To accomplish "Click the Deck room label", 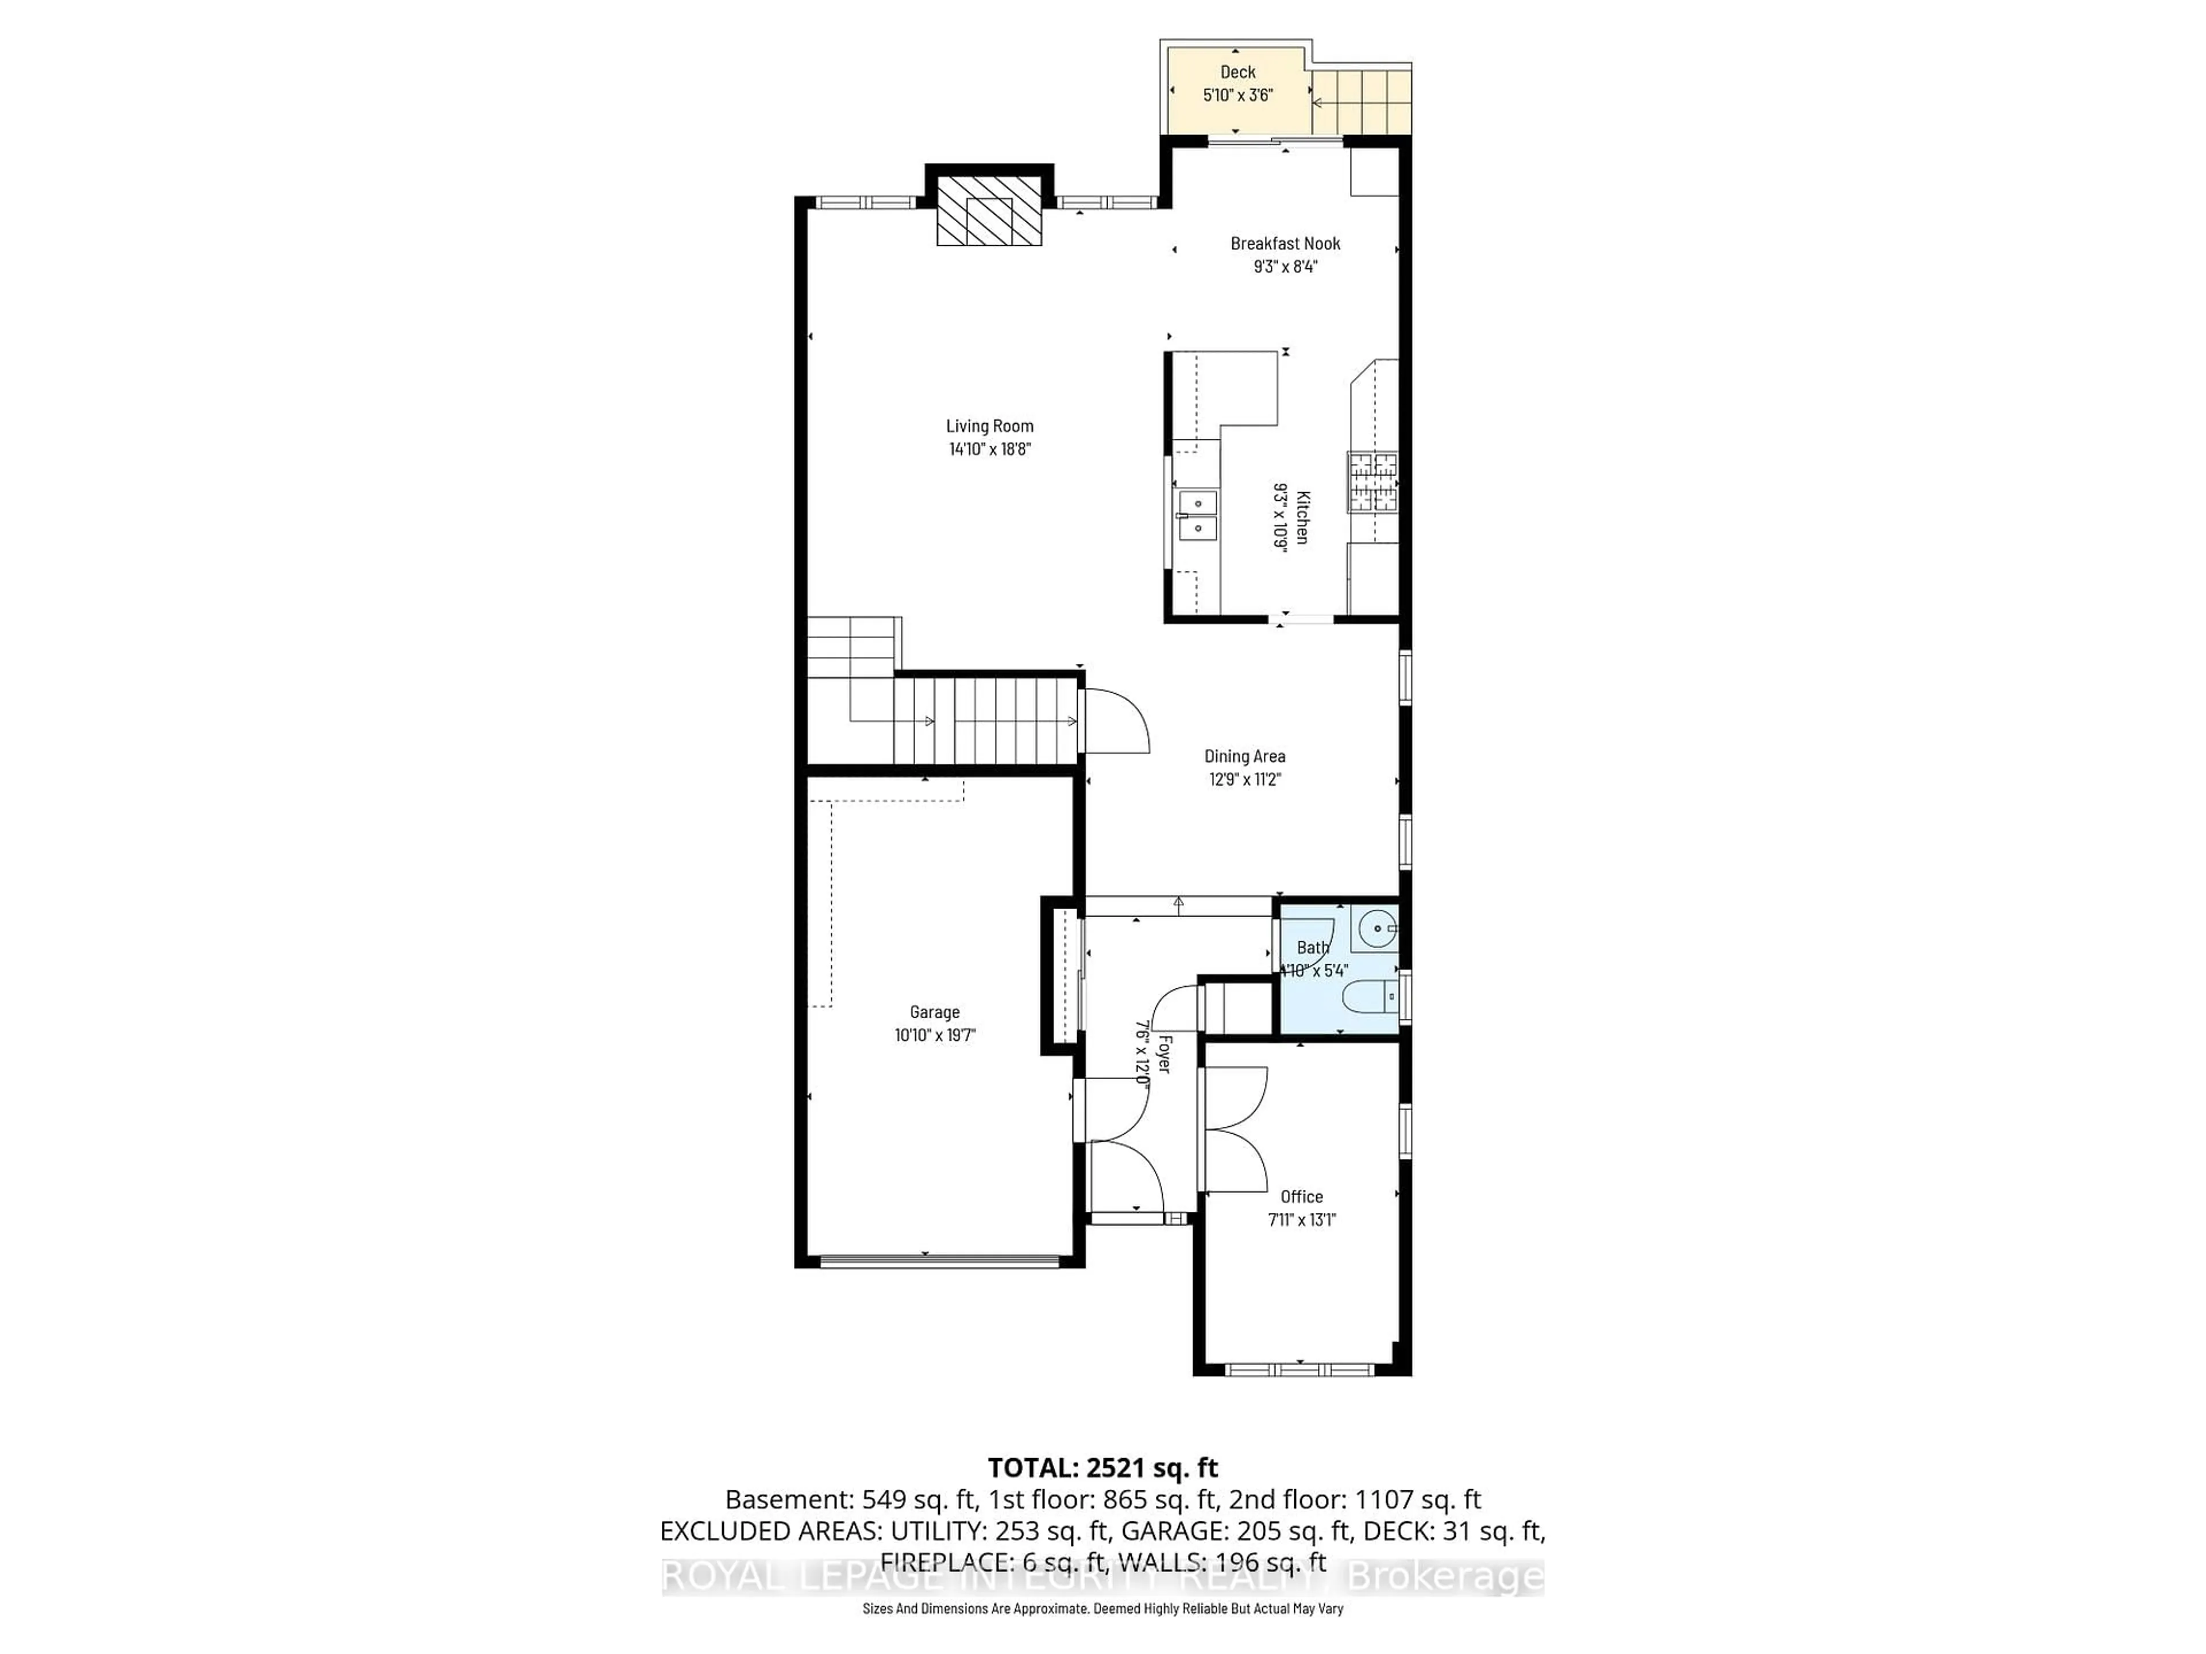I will [1237, 72].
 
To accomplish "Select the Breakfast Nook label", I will [1285, 244].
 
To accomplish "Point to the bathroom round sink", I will [1377, 929].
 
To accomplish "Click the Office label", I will [1301, 1196].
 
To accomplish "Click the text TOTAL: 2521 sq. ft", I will [1102, 1467].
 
